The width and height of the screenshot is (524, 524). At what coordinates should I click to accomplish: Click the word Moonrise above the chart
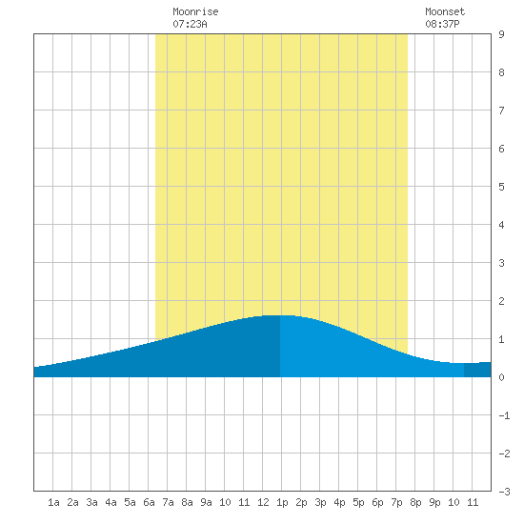coord(195,11)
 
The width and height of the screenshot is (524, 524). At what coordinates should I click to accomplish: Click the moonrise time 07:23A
coord(190,24)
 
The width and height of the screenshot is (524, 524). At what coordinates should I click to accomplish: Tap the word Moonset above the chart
coord(445,11)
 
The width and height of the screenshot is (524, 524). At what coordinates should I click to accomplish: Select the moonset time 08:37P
coord(442,24)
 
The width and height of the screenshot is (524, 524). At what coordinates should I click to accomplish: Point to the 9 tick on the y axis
coord(501,34)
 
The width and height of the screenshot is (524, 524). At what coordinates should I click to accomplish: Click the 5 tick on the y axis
coord(501,187)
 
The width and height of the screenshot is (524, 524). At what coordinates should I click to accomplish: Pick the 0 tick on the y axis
coord(501,377)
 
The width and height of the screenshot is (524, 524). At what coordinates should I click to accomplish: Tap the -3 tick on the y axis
coord(504,492)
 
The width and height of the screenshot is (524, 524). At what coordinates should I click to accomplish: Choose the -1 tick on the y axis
coord(504,415)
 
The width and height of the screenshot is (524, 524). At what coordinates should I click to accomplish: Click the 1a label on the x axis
coord(53,502)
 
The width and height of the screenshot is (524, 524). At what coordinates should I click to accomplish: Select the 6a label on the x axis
coord(149,502)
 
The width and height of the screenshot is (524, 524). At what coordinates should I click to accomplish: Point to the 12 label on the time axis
coord(263,502)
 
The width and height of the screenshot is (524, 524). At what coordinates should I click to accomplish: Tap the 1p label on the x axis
coord(282,502)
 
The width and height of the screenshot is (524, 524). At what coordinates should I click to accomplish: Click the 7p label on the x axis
coord(396,502)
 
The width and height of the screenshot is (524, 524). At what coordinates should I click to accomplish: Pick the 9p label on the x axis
coord(434,502)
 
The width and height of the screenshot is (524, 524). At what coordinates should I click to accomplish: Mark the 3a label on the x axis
coord(91,502)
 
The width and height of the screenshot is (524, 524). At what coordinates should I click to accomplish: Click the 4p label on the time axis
coord(339,502)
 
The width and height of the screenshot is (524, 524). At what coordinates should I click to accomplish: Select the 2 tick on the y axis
coord(501,301)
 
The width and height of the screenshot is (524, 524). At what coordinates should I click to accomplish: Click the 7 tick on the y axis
coord(501,111)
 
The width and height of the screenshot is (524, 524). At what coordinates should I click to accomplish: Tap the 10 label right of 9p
coord(453,502)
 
